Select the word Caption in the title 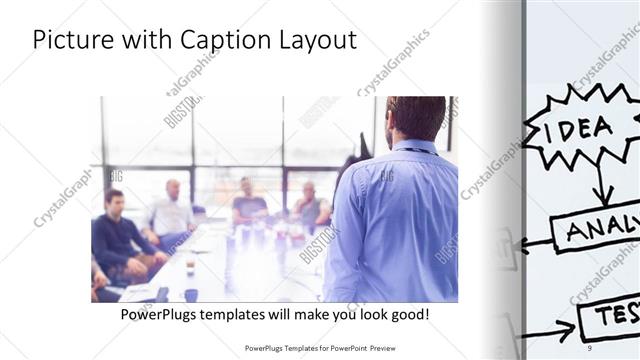click(x=222, y=41)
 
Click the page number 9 click(x=592, y=348)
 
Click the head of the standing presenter click(x=414, y=118)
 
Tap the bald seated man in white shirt click(x=173, y=212)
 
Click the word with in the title click(x=148, y=41)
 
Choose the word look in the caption click(x=365, y=314)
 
